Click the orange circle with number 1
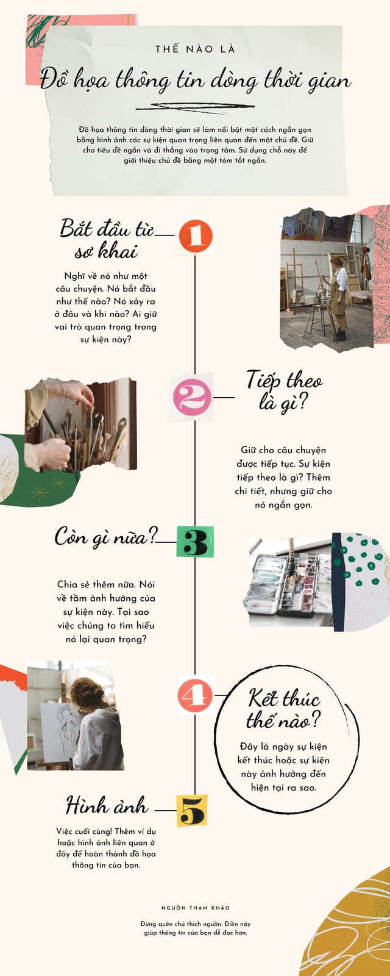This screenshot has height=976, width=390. [196, 235]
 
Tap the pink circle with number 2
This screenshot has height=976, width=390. [192, 397]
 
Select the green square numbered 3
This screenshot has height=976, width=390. [195, 542]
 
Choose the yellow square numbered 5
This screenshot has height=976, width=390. [192, 811]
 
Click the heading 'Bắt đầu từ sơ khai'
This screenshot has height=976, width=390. [106, 239]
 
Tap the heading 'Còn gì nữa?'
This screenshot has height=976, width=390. [106, 536]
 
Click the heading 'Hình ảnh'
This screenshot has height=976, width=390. [107, 805]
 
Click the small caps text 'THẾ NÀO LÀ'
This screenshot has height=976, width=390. [195, 49]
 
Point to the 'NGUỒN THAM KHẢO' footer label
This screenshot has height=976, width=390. [196, 908]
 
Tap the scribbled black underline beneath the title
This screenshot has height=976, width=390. [195, 107]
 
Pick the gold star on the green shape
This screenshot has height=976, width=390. [39, 493]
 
